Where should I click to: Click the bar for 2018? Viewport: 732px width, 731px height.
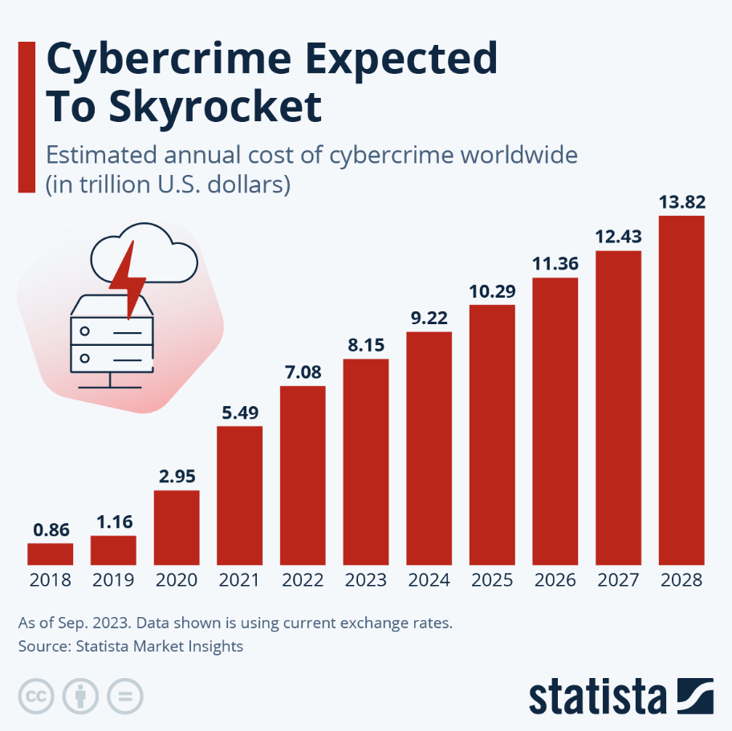(50, 554)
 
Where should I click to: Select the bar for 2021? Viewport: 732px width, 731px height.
(240, 496)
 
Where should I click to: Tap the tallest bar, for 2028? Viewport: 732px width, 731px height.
(681, 391)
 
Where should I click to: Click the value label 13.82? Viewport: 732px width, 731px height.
(681, 202)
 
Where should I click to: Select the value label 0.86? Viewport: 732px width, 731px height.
(50, 530)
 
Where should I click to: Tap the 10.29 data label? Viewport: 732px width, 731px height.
(492, 291)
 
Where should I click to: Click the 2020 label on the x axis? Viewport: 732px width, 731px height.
(177, 580)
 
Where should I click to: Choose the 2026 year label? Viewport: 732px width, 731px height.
(555, 580)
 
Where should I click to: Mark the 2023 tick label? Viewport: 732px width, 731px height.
(366, 580)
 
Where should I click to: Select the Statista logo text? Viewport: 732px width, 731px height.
(597, 696)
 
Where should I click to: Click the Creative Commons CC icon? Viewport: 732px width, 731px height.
(35, 696)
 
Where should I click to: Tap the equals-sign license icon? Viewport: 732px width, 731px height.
(125, 696)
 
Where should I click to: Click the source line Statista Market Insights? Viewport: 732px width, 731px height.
(129, 646)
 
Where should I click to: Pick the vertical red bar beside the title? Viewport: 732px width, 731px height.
(26, 117)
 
